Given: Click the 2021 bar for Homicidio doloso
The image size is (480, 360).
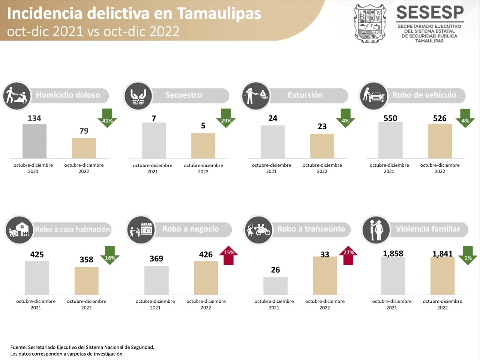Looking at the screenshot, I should tap(34, 141).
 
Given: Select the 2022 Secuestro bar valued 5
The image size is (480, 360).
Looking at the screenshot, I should tap(203, 146).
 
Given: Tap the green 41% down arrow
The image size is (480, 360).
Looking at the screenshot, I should tap(107, 118).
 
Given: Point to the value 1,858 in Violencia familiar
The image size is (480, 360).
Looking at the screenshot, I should tap(393, 254).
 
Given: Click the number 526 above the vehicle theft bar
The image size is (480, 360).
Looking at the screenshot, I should tap(439, 118).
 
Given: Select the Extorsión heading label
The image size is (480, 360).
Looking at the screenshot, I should tap(305, 95).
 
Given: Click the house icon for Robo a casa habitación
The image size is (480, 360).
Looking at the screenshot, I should tap(19, 230).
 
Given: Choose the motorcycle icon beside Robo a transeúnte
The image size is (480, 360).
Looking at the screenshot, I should tap(258, 230).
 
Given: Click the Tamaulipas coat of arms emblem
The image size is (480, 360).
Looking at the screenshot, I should tap(370, 24).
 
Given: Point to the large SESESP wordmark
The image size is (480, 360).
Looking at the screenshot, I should tap(430, 13).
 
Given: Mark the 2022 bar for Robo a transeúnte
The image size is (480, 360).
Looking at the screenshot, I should tap(325, 275).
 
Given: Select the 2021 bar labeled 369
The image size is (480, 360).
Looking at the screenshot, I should tap(156, 280).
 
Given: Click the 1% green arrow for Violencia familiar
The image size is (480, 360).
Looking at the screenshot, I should tap(467, 255).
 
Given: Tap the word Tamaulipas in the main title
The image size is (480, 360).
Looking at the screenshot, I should tap(219, 13).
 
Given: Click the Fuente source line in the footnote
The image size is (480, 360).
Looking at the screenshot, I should tap(82, 347).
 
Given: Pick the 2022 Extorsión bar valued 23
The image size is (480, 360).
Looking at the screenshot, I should tap(322, 146).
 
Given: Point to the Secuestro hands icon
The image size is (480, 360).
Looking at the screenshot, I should tap(138, 96).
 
